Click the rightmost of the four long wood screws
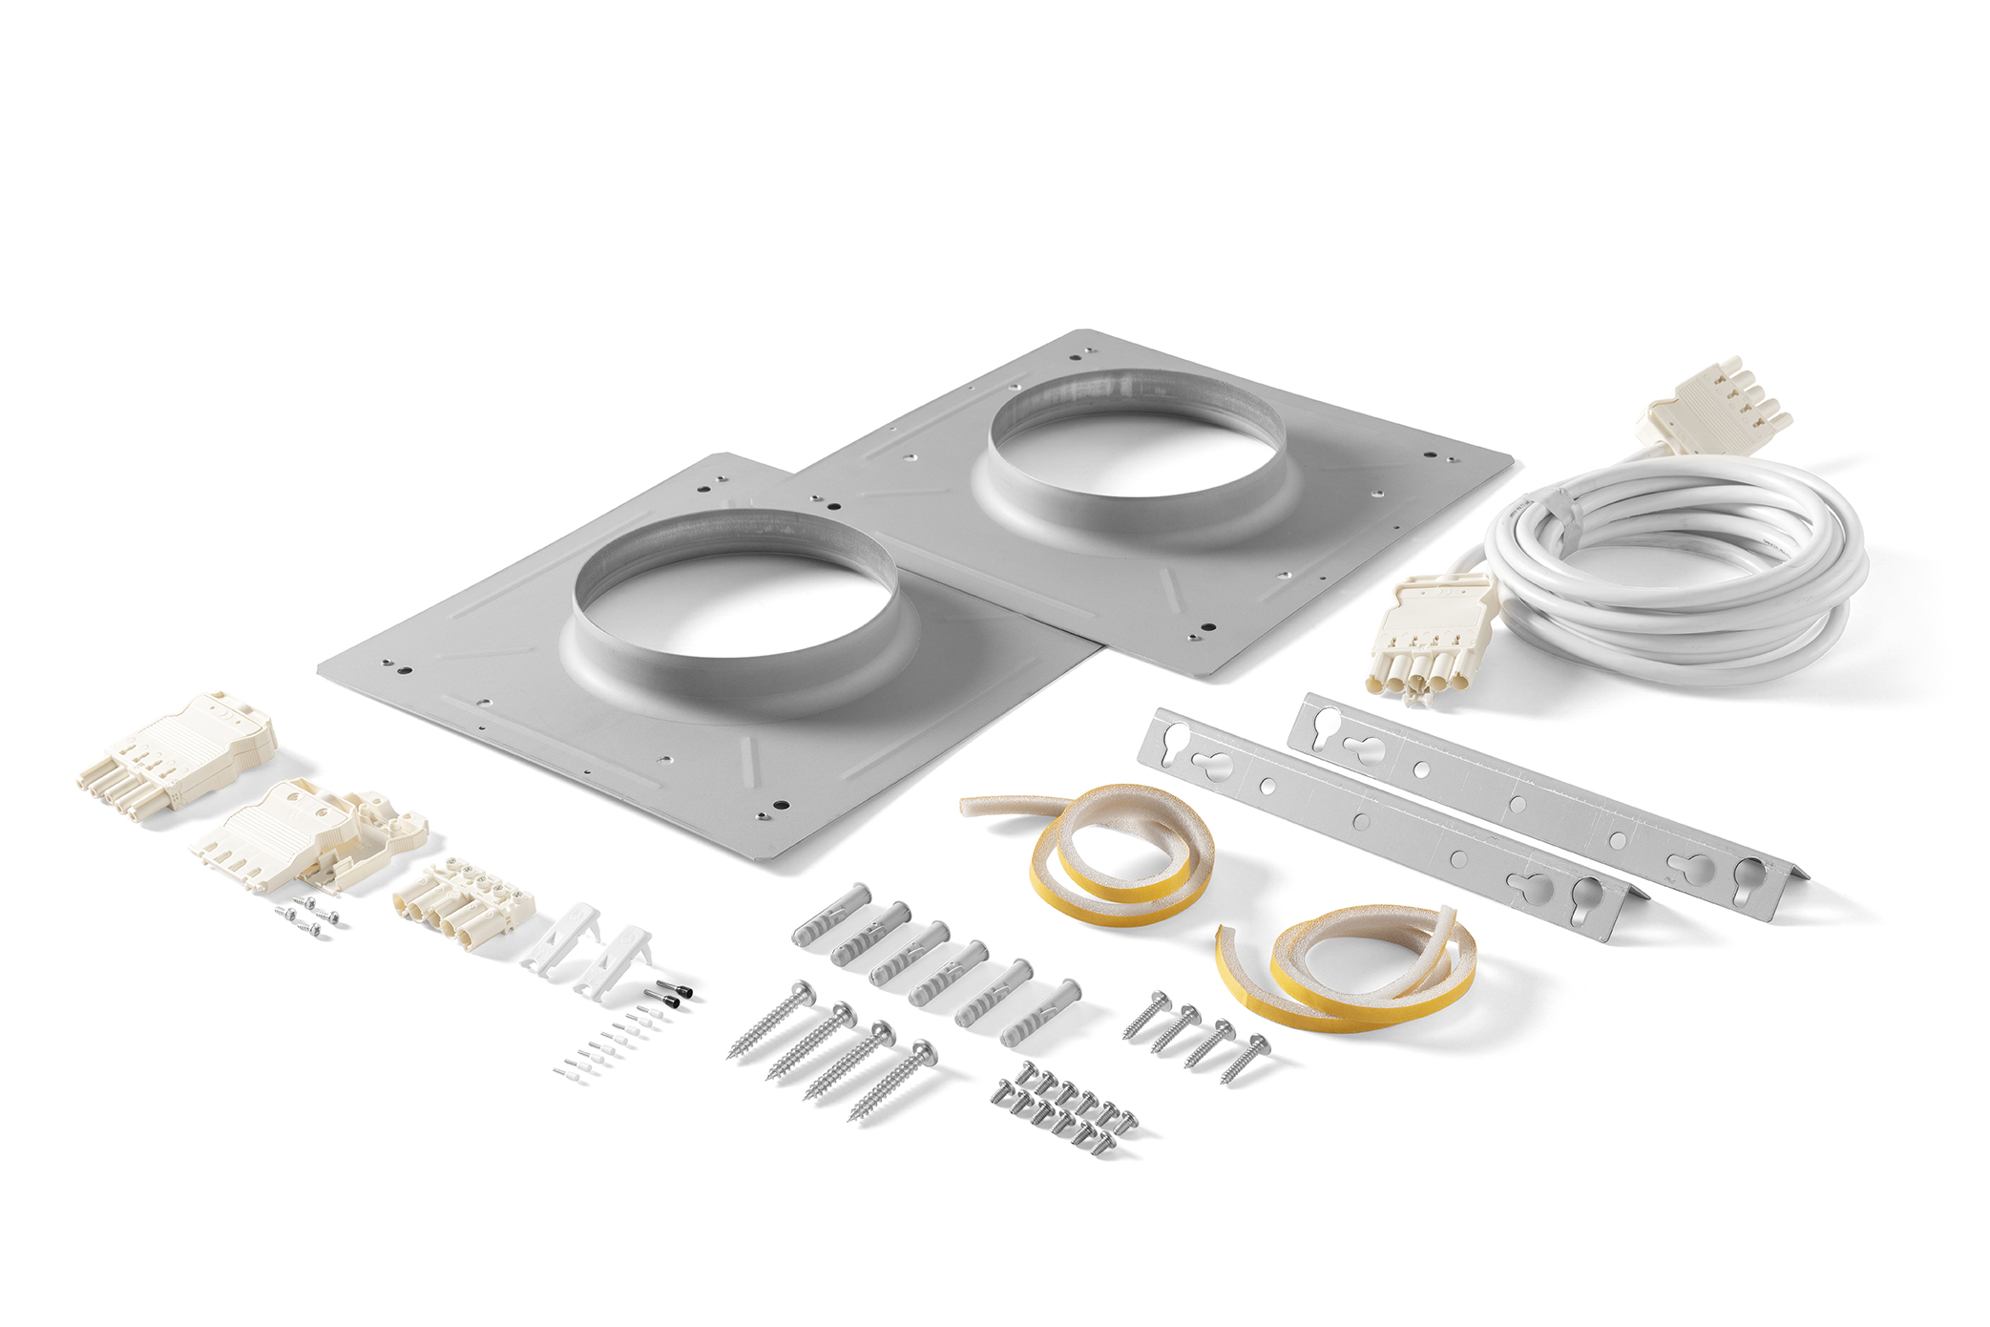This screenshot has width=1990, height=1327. (892, 1079)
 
